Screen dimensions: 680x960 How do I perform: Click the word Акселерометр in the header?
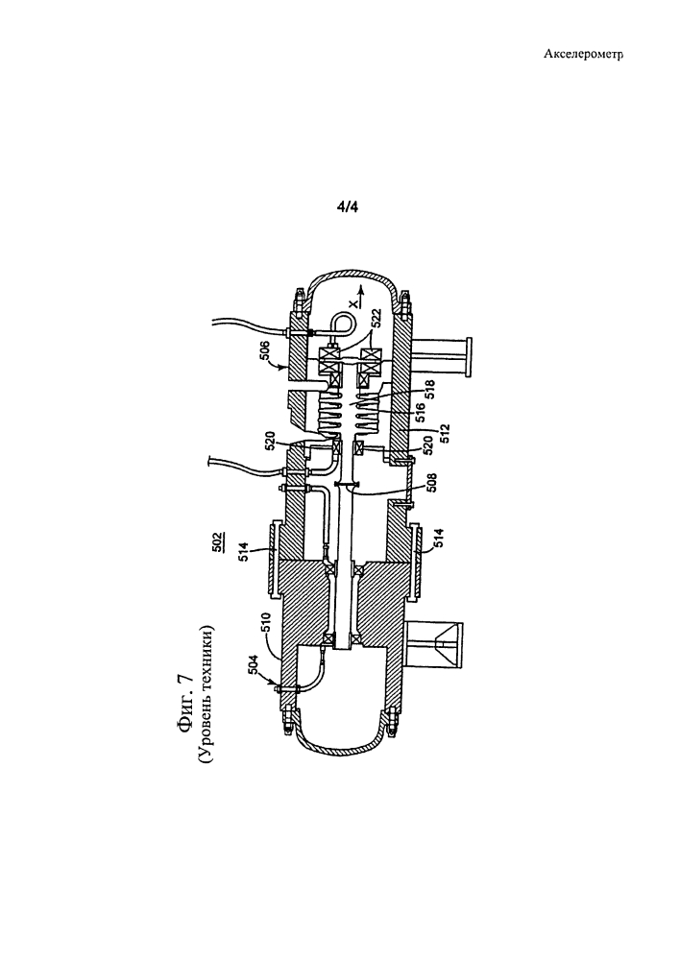[x=583, y=55]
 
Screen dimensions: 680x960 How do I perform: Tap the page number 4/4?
[x=348, y=207]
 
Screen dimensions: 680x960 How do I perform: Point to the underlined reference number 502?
[x=218, y=541]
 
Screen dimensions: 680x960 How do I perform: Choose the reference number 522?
[x=376, y=319]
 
